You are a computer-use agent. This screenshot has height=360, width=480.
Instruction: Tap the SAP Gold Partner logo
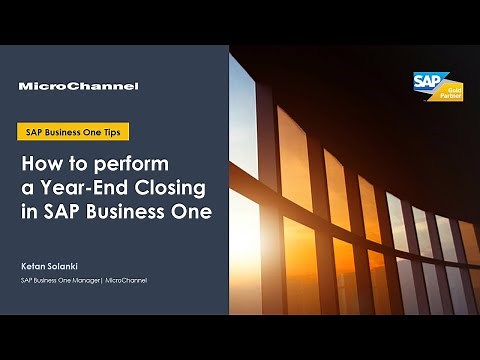point(437,88)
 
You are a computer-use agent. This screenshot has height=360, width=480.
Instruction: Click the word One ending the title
point(193,212)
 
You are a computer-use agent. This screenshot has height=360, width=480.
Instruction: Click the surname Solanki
point(63,266)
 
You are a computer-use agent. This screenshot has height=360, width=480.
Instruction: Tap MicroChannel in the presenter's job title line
point(126,280)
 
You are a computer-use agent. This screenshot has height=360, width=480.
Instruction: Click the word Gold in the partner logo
point(449,90)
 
